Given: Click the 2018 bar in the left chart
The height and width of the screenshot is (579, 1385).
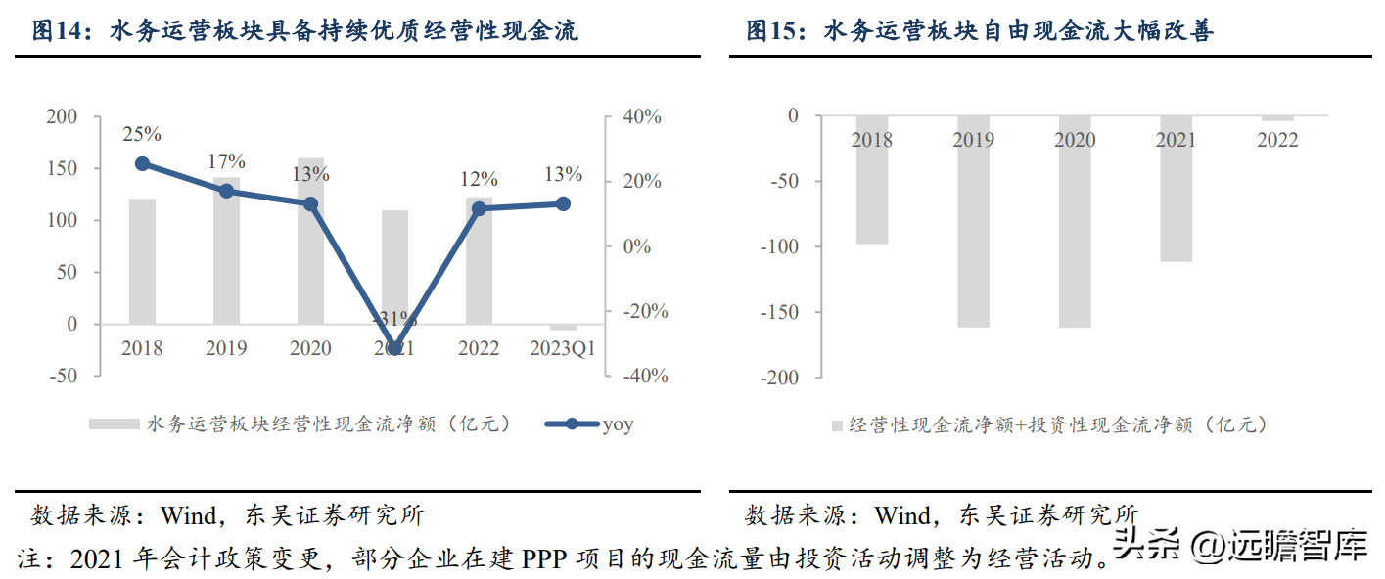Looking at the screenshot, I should (x=142, y=261).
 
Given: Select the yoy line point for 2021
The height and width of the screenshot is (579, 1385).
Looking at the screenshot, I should (x=395, y=348).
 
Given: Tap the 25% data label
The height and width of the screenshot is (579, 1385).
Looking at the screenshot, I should (x=142, y=134).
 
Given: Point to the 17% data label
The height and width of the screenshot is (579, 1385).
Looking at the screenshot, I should (x=227, y=161).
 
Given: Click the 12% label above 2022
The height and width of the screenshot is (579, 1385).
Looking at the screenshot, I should (x=479, y=179).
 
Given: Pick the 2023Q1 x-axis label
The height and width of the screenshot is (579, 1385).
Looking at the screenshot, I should (x=562, y=348).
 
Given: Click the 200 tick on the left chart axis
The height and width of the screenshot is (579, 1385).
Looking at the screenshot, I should (x=62, y=116).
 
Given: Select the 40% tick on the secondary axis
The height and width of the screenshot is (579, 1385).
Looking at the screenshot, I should (x=643, y=116).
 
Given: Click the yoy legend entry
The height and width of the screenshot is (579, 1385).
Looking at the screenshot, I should (x=589, y=424).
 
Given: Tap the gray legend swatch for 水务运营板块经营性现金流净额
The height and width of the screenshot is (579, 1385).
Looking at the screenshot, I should (x=114, y=424).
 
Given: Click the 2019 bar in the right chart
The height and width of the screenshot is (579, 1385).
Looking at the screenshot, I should (x=973, y=221).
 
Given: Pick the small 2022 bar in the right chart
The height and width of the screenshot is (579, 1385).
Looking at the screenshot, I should (x=1277, y=118).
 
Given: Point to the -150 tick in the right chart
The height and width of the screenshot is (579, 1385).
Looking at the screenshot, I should (x=779, y=312).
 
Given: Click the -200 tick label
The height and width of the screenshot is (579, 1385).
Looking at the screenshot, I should (x=779, y=378).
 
